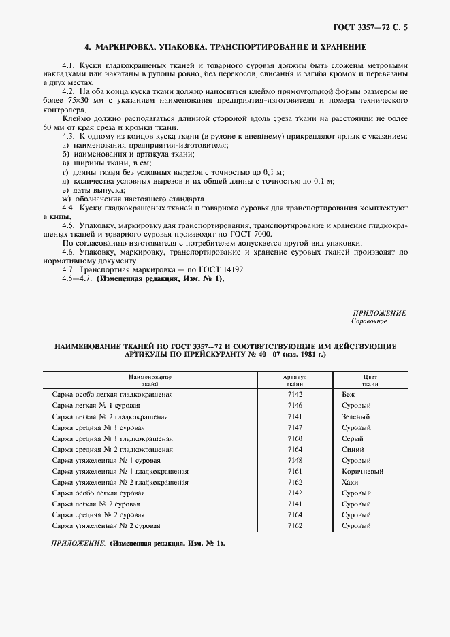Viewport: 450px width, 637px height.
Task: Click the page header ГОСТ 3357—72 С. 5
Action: (x=374, y=27)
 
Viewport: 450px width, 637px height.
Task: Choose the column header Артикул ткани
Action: (x=295, y=380)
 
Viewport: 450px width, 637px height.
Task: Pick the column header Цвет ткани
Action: (x=370, y=380)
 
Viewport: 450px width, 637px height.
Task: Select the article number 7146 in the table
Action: (x=295, y=405)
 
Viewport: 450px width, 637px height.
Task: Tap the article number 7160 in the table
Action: (x=295, y=438)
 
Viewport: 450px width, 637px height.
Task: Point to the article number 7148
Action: (x=295, y=460)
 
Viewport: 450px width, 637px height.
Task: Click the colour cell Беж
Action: (x=349, y=394)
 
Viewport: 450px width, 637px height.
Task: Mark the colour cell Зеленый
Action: (x=355, y=416)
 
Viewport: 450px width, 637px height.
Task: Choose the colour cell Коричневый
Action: (x=362, y=471)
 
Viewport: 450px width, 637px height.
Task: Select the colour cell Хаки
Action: (x=351, y=482)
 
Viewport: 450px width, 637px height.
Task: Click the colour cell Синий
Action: (x=353, y=449)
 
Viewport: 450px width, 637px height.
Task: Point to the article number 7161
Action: (x=295, y=471)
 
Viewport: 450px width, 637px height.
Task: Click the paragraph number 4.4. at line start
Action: (x=68, y=206)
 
